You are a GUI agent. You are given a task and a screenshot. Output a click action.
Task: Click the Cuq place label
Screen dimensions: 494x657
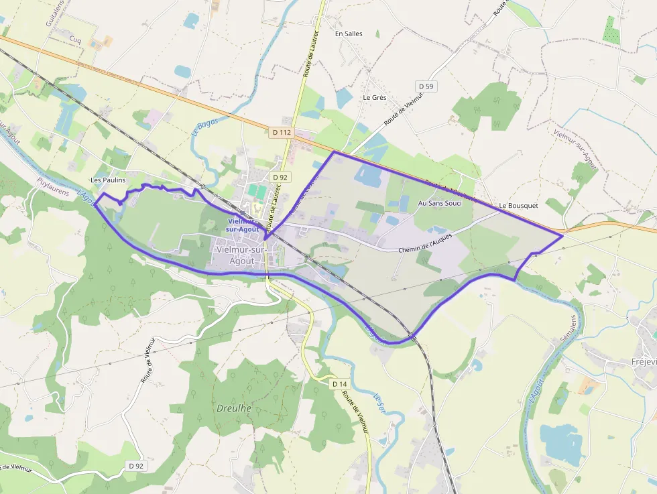click(75, 40)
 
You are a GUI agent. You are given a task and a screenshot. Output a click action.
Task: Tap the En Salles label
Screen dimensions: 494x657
click(349, 33)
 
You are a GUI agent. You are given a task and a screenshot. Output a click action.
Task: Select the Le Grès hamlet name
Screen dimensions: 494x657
click(375, 97)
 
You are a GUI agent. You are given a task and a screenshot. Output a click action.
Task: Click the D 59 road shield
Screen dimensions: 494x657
click(426, 86)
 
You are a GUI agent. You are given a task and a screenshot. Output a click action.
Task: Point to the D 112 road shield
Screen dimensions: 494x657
click(282, 133)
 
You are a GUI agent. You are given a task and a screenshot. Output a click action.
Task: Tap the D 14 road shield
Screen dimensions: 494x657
click(339, 384)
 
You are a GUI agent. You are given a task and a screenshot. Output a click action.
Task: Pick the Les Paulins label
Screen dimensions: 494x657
click(108, 180)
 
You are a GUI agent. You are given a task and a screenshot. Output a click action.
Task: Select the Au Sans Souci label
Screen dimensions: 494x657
click(440, 202)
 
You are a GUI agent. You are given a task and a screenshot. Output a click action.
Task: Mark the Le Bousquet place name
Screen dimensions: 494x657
click(518, 206)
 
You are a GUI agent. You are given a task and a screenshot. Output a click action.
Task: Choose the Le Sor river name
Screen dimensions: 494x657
click(379, 402)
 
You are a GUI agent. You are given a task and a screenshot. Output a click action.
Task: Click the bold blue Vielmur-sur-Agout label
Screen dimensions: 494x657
click(242, 225)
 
